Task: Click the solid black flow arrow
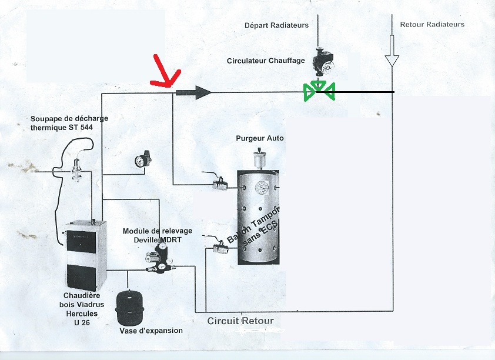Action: [x=193, y=92]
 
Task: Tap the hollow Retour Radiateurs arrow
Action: [x=392, y=51]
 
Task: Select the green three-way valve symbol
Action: [x=319, y=91]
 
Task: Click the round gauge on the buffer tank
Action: [x=262, y=187]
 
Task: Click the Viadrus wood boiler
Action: [x=86, y=255]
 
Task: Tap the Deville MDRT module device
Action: [x=159, y=258]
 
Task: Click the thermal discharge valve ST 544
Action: [x=76, y=171]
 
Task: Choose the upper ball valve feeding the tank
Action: [x=220, y=185]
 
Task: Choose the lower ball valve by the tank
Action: [x=220, y=248]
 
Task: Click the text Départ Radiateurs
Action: [x=276, y=25]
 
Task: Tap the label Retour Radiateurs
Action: [x=432, y=24]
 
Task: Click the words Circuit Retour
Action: [x=240, y=321]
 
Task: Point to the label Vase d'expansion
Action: [x=151, y=331]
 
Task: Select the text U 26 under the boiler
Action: [x=82, y=322]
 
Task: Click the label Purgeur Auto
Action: [x=260, y=138]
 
